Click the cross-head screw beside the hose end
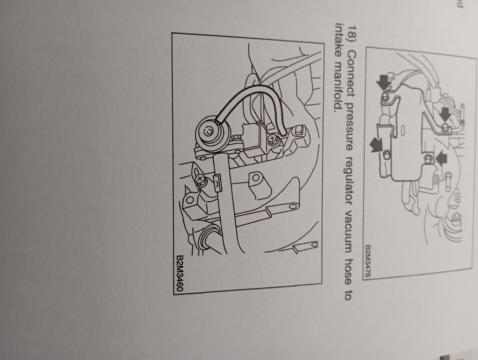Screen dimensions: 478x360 (272, 140)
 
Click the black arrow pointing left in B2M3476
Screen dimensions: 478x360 (441, 158)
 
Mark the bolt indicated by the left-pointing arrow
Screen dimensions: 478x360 (429, 158)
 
